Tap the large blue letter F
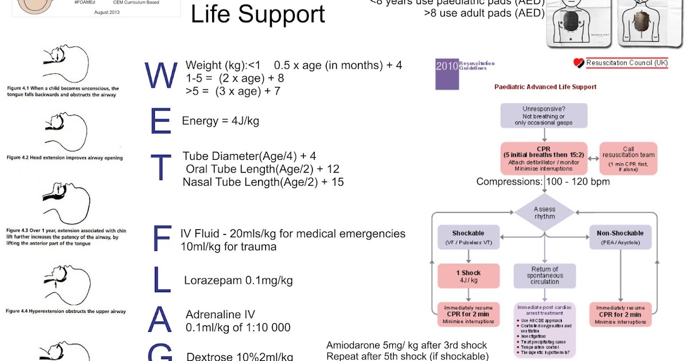pos(162,239)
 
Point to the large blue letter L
pos(161,280)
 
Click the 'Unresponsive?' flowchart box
pos(544,115)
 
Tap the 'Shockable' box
pos(468,237)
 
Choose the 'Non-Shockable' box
pos(620,237)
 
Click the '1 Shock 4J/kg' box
pos(468,276)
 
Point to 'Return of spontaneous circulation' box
pos(544,276)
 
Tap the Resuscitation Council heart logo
pos(578,63)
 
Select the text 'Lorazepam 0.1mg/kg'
pos(239,280)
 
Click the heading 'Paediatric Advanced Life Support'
pos(545,87)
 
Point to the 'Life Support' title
pos(258,14)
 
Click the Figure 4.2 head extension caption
pos(65,157)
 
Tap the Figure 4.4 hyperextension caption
pos(66,311)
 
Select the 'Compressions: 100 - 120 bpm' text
pos(543,182)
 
